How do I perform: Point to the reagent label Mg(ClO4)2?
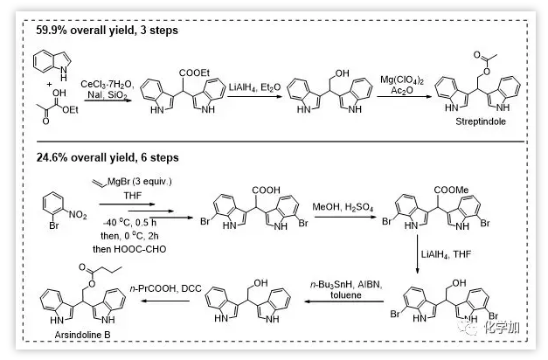404,81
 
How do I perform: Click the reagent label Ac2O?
404,94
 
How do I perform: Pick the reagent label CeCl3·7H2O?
108,84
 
